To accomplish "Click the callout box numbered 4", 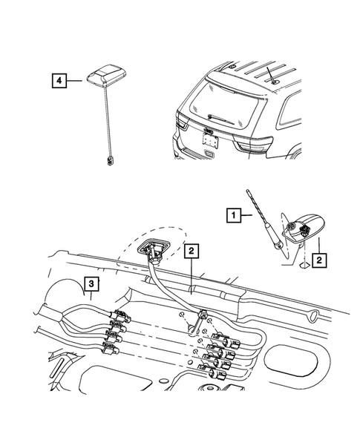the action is point(59,81).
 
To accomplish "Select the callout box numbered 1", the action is point(233,215).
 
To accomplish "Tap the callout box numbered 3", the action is point(91,284).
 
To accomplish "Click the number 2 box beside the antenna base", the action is point(319,260).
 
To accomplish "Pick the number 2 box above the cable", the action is point(191,251).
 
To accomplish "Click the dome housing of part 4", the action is point(105,75).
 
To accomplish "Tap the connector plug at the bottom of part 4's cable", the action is point(110,161).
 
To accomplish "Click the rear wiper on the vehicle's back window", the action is point(221,119).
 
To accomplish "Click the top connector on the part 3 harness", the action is point(121,316).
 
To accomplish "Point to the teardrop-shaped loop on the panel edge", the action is point(313,315).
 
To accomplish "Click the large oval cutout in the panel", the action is point(291,360).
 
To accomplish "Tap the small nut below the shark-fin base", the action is point(304,264).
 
